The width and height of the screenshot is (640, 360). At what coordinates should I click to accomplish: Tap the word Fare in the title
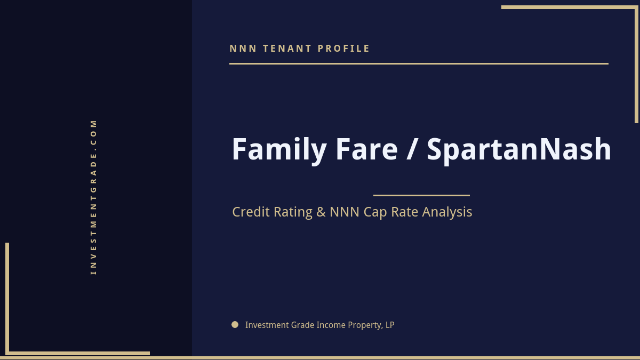tap(366, 150)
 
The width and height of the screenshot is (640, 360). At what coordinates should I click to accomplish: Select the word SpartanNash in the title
tap(519, 150)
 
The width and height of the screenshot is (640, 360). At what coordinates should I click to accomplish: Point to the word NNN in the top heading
tap(243, 49)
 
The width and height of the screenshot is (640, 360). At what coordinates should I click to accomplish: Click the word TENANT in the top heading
tap(287, 49)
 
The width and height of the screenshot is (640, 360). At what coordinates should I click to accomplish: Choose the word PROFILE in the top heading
tap(344, 49)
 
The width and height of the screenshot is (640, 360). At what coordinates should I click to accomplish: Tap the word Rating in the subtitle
tap(293, 212)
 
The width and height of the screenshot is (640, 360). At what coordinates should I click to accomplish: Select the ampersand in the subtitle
tap(321, 212)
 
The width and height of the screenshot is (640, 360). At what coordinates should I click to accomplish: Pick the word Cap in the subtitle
tap(375, 212)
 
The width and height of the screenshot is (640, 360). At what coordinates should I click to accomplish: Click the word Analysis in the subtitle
tap(447, 212)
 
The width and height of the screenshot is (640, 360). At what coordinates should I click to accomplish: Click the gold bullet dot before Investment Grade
tap(235, 324)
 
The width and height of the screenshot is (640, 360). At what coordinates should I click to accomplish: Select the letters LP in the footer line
tap(390, 325)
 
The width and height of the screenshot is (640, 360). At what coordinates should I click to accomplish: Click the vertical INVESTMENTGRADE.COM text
tap(94, 197)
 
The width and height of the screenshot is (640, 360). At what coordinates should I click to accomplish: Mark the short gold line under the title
tap(421, 195)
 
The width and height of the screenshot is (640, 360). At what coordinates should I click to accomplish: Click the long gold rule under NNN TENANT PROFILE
tap(419, 63)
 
